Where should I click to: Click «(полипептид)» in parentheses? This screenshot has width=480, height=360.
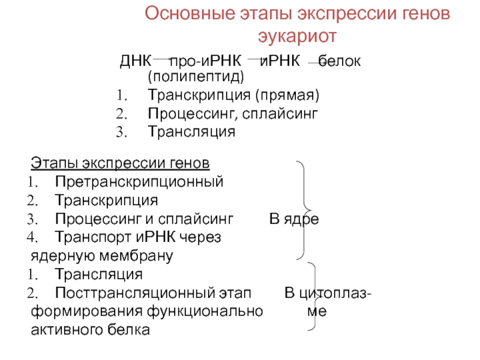tap(196, 77)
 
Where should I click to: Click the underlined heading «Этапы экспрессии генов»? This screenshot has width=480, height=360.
tap(120, 163)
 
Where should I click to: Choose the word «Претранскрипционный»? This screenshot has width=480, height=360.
tap(139, 181)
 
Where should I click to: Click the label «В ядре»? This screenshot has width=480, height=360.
tap(293, 219)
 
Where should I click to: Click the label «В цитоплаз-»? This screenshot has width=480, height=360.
tap(326, 293)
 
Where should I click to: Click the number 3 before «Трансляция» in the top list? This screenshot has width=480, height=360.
tap(119, 131)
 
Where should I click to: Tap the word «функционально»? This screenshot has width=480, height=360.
tap(214, 312)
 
